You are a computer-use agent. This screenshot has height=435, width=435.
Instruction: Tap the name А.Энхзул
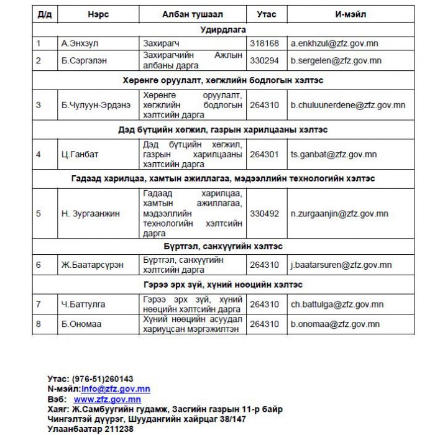coord(80,43)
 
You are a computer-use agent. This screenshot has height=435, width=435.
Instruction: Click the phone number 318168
coord(264,43)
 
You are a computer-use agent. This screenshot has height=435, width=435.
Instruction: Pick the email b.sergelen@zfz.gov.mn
coord(336,60)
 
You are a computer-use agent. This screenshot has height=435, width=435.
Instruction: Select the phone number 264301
coord(264,155)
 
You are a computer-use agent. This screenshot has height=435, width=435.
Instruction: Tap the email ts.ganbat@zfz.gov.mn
coord(333,155)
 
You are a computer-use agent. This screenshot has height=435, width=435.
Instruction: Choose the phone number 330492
coord(264,213)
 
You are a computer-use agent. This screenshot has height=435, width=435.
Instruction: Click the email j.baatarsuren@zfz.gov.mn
coord(341,265)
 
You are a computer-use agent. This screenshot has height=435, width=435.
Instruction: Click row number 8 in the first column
coord(39,324)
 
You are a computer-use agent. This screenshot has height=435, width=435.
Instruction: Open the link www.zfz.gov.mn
coord(107,400)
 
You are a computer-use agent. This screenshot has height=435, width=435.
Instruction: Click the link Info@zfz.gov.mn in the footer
coord(116,389)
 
